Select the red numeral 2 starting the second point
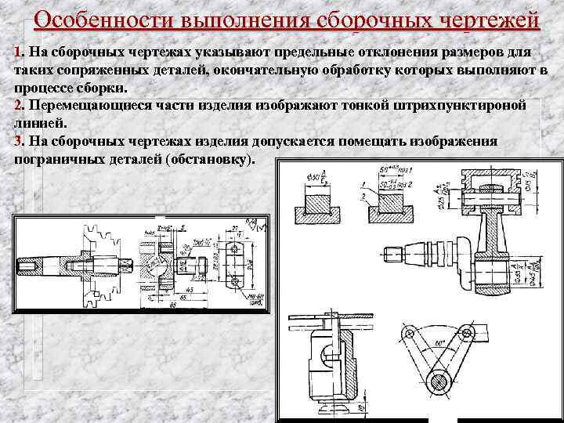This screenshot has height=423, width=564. (x=19, y=105)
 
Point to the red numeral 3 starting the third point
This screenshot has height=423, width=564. (x=19, y=141)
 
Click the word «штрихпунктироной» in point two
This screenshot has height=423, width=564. (x=458, y=105)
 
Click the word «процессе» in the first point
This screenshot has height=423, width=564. (x=43, y=87)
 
